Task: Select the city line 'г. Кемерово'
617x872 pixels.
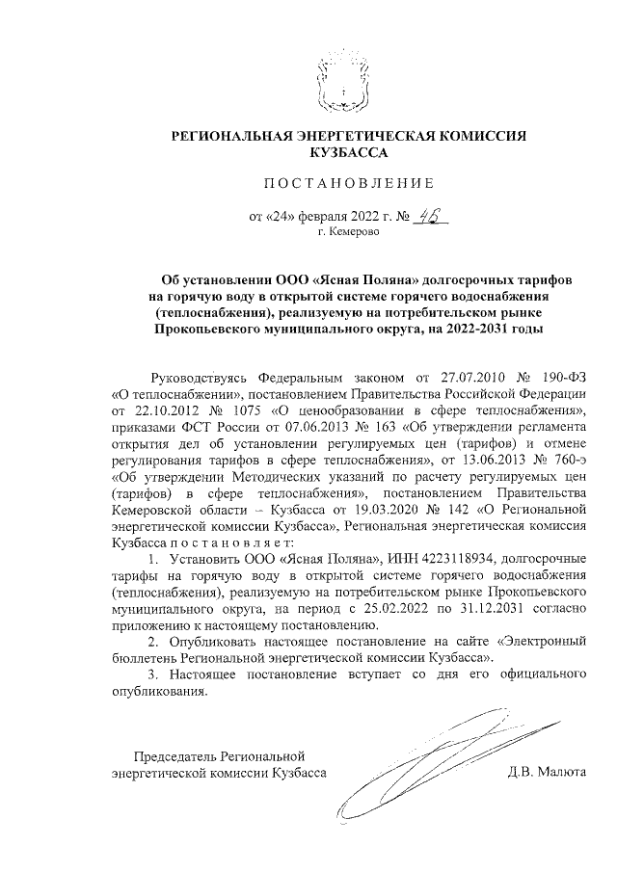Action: coord(348,232)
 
